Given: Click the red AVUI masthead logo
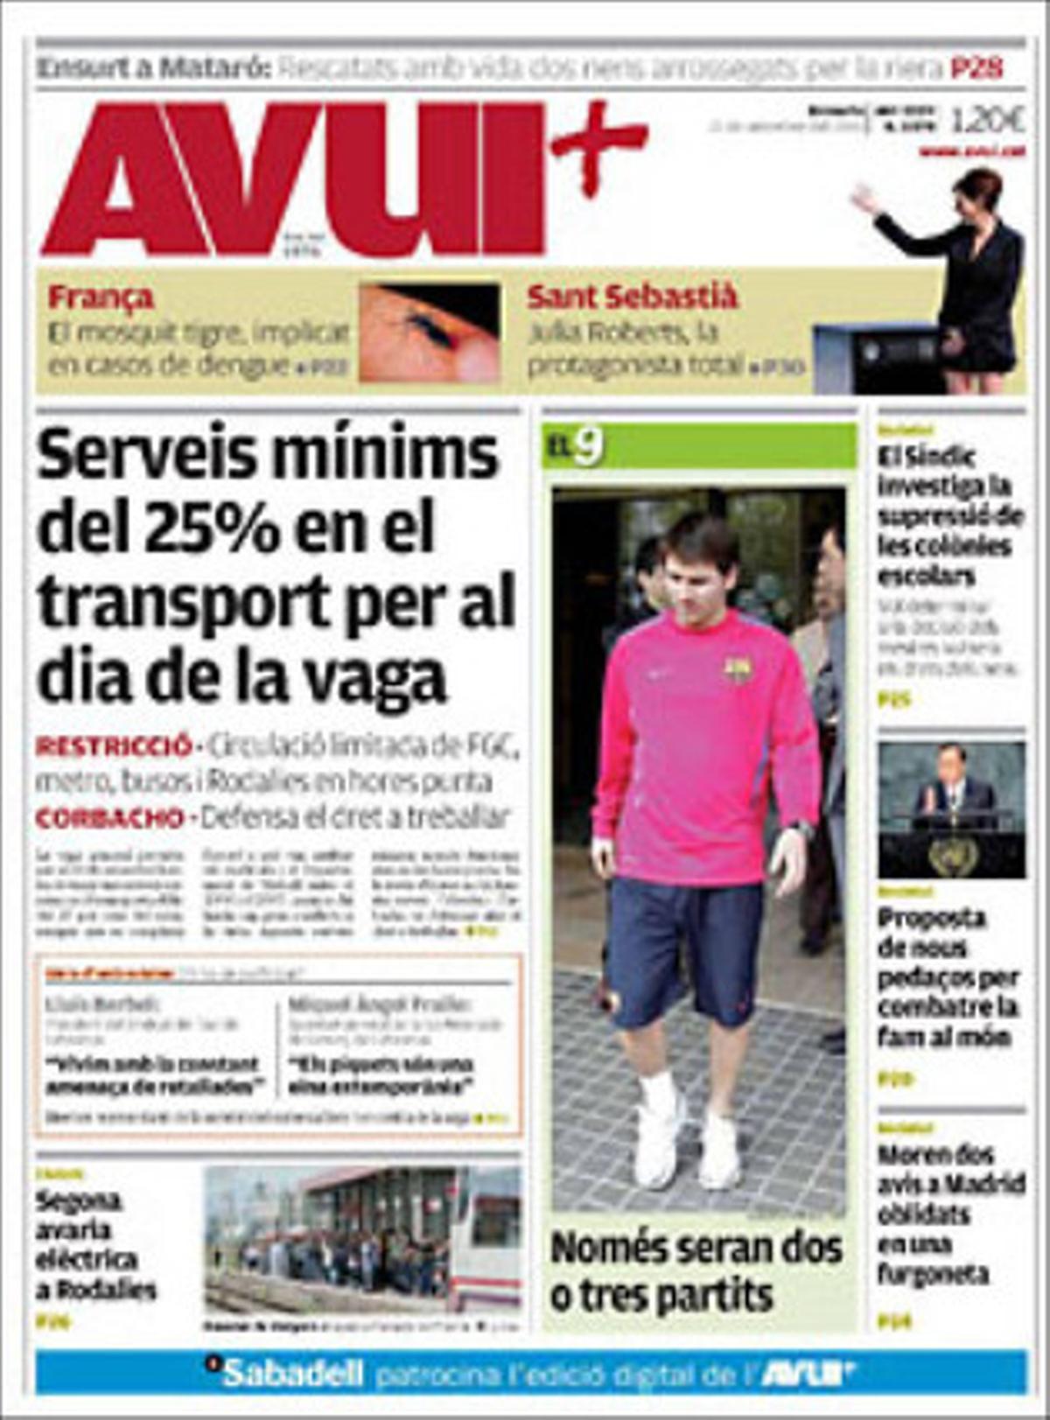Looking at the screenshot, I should click(x=293, y=179).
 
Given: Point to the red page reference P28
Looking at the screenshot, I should click(x=976, y=68).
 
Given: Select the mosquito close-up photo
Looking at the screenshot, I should click(x=429, y=332).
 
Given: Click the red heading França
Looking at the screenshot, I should click(x=101, y=297).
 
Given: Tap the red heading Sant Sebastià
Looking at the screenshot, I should click(x=632, y=297).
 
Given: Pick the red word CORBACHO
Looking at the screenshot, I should click(x=109, y=818).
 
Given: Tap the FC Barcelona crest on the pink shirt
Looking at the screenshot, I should click(x=738, y=671).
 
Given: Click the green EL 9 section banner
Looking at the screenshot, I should click(x=698, y=446).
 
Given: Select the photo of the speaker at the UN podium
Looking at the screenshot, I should click(x=951, y=809).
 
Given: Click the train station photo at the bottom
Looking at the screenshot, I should click(x=362, y=1238).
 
